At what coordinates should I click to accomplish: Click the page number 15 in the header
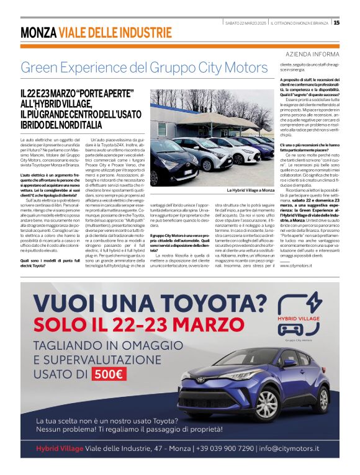click(x=336, y=22)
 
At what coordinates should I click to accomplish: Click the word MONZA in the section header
click(x=38, y=32)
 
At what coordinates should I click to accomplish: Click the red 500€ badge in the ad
click(x=109, y=374)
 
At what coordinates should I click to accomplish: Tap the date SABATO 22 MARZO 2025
click(x=245, y=22)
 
